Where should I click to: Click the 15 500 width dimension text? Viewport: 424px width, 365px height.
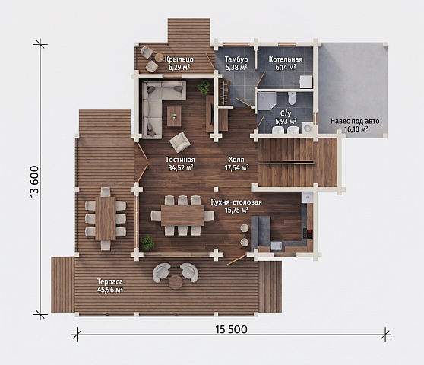pos(231,329)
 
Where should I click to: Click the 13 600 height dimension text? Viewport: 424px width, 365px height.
pos(35,182)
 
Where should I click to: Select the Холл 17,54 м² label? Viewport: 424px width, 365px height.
pos(236,163)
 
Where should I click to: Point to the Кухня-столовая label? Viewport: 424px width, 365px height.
pos(236,202)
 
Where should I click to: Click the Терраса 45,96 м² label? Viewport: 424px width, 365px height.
pos(110,285)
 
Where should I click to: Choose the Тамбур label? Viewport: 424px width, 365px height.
pos(236,59)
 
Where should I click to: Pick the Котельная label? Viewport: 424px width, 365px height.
pos(286,59)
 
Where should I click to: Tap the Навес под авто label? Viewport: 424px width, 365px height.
pos(355,121)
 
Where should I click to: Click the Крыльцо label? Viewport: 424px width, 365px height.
pos(179,59)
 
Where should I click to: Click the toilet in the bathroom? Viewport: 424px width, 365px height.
pos(292,98)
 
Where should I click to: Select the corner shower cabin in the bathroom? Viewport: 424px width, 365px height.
pos(267,100)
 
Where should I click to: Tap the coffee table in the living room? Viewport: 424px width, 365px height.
pos(174,116)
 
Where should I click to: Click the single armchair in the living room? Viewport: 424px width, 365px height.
pos(179,142)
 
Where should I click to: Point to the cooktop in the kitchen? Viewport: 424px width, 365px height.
pos(308,233)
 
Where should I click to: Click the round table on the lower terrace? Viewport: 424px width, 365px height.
pos(176,282)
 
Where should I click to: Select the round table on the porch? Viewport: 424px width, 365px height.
pos(159,57)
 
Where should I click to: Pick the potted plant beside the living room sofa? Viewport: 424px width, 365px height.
pos(204,87)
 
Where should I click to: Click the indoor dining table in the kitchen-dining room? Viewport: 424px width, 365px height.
pos(182,215)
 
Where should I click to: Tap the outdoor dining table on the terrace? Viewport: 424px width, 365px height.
pos(106,218)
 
